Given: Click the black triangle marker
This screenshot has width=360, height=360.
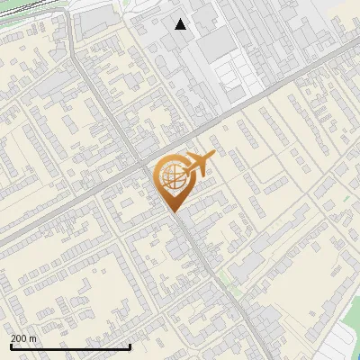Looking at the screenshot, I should coord(181,24).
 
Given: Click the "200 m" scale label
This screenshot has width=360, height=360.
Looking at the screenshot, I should coord(23,338).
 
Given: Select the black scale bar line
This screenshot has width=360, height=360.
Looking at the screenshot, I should coord(70,346).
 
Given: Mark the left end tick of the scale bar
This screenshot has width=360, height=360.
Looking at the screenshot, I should coord(11,346).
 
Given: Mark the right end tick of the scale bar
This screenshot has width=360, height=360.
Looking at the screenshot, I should coord(130,346).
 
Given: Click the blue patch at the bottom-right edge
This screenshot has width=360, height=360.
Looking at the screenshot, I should coord(357,355).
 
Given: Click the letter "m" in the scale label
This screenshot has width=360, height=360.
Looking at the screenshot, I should coord(33,338).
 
